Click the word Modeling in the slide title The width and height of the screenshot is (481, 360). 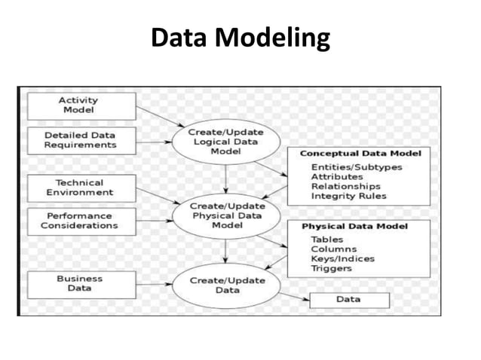[x=273, y=37]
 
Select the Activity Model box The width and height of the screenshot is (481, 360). [x=82, y=105]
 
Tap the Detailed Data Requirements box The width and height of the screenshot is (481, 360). [x=80, y=139]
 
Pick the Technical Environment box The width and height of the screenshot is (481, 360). [x=80, y=188]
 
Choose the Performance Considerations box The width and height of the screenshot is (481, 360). [x=79, y=221]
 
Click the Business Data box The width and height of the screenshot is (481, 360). [x=80, y=283]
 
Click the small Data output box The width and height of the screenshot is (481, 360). [x=348, y=300]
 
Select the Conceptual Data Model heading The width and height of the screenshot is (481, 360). [x=360, y=154]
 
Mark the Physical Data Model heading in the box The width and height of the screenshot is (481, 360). [x=354, y=226]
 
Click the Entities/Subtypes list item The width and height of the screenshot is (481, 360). [x=357, y=167]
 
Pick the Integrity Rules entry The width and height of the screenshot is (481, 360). [x=348, y=197]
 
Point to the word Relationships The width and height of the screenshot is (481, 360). [x=345, y=187]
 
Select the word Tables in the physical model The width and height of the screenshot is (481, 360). [x=326, y=239]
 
